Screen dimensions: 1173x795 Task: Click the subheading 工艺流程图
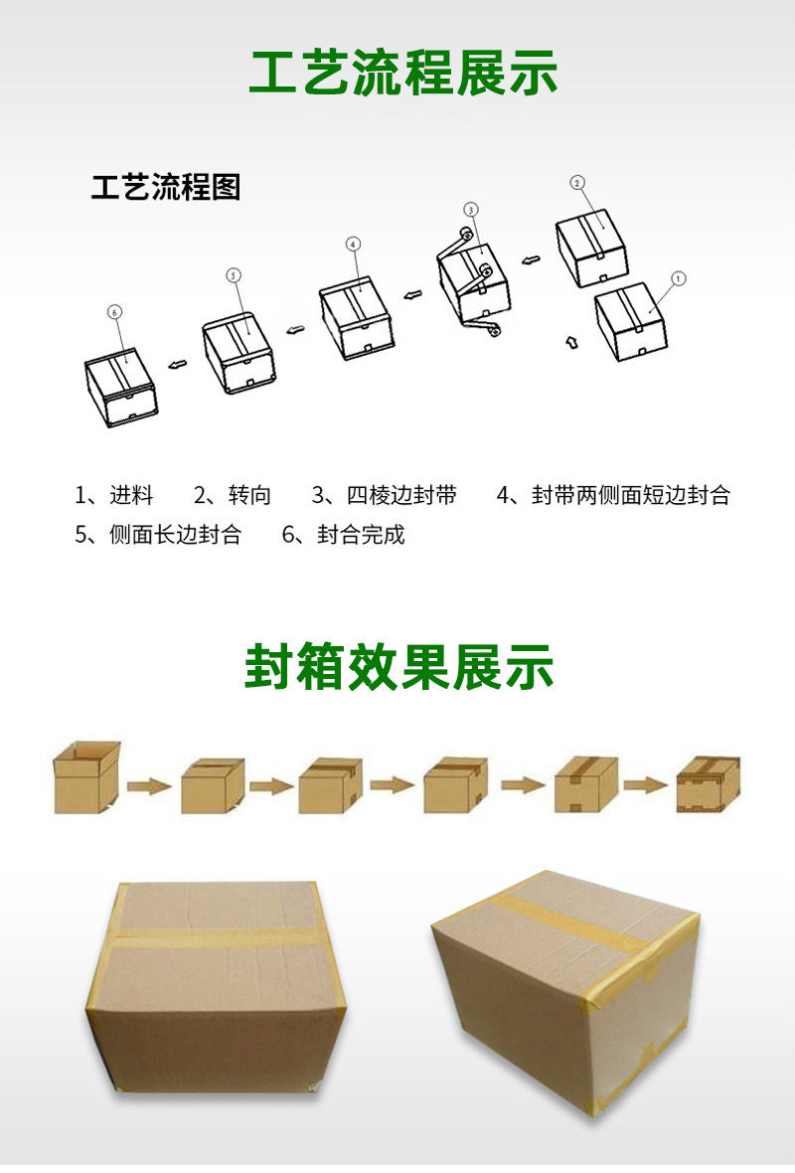166,187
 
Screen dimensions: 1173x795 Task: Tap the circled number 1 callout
679,279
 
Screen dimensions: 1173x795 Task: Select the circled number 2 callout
577,183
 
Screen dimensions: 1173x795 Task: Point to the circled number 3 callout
471,209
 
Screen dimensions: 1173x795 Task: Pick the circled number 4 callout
353,244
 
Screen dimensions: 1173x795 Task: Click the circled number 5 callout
235,275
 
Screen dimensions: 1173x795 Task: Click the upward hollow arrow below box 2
570,343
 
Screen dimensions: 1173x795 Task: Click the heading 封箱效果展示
398,669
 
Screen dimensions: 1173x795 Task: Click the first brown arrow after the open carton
150,786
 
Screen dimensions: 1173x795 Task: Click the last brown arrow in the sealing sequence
645,785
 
